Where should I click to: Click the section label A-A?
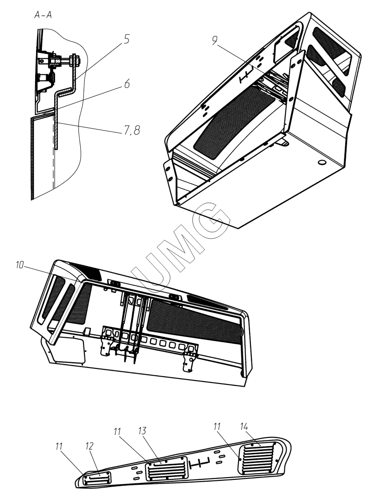point(43,15)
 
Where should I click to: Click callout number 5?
point(126,40)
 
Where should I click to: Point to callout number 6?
point(127,84)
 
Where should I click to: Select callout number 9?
point(214,40)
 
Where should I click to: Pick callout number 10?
point(20,265)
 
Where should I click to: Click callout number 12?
point(89,446)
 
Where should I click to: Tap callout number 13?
point(142,431)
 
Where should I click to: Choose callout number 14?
point(244,426)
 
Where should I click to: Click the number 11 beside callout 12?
point(59,446)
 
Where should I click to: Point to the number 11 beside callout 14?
point(217,426)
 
